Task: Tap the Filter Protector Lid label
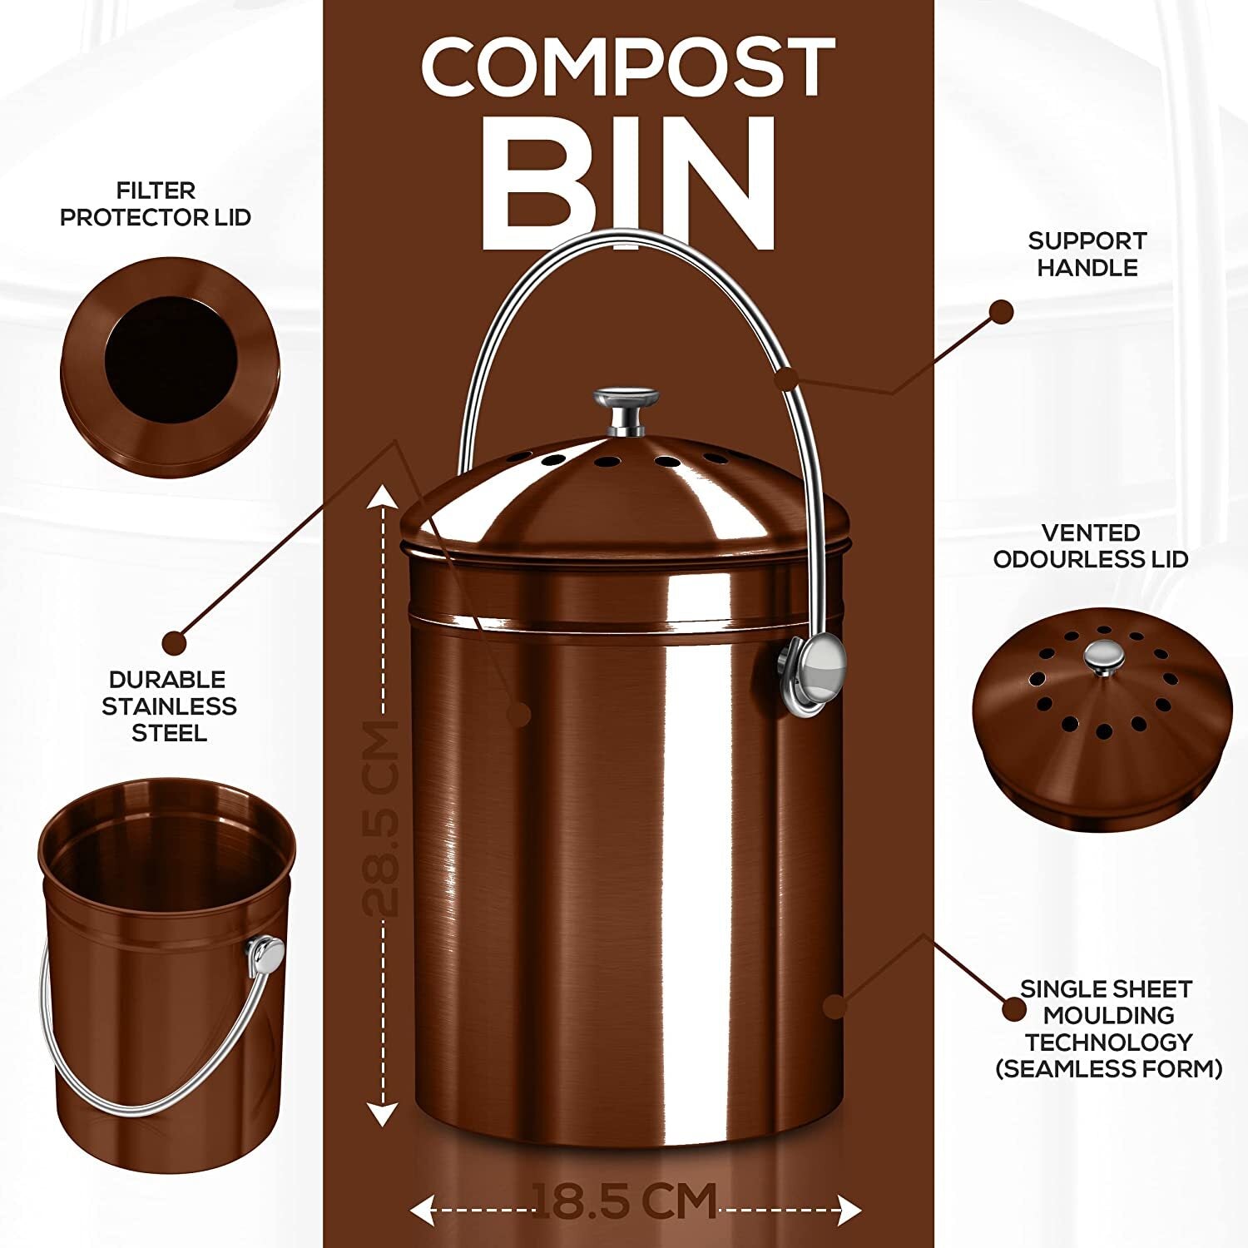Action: [156, 204]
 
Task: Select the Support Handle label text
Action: [1087, 254]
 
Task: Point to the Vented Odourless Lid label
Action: [1091, 546]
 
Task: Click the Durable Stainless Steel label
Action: [169, 706]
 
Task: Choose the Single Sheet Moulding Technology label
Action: [1108, 1028]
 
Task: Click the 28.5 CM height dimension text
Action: [383, 819]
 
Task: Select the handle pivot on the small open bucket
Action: [266, 954]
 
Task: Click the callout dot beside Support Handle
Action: [1002, 312]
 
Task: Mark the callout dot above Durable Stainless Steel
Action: [175, 642]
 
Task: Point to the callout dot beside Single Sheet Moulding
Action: [1013, 1009]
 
